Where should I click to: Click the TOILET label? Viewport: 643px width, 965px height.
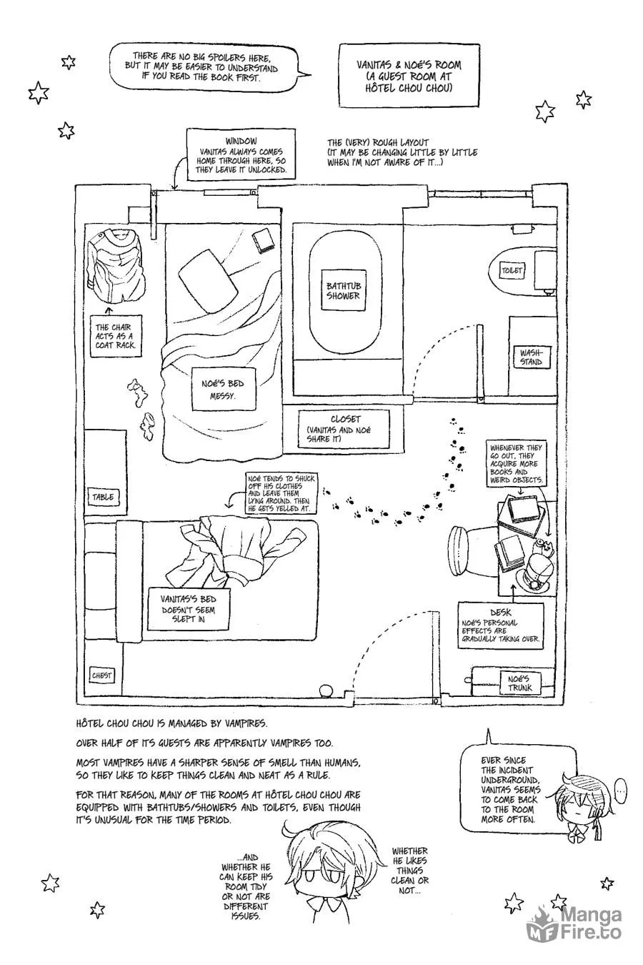coord(512,270)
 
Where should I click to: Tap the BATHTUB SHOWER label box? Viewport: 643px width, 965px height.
coord(343,290)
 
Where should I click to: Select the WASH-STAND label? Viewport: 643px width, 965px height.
coord(530,357)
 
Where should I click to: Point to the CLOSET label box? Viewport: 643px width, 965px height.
coord(343,428)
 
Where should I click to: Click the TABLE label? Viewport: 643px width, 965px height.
coord(103,497)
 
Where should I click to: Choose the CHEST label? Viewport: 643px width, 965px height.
coord(101,675)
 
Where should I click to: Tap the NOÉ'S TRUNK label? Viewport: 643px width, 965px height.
coord(519,683)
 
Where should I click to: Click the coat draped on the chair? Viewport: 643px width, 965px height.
coord(115,265)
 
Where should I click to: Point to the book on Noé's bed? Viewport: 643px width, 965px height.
coord(263,240)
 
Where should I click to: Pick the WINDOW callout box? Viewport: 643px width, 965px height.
coord(241,154)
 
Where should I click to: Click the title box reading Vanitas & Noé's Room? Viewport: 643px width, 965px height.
coord(409,76)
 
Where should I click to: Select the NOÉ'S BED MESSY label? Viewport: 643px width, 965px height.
coord(222,389)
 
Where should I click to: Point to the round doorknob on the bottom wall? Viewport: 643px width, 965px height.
coord(326,691)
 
